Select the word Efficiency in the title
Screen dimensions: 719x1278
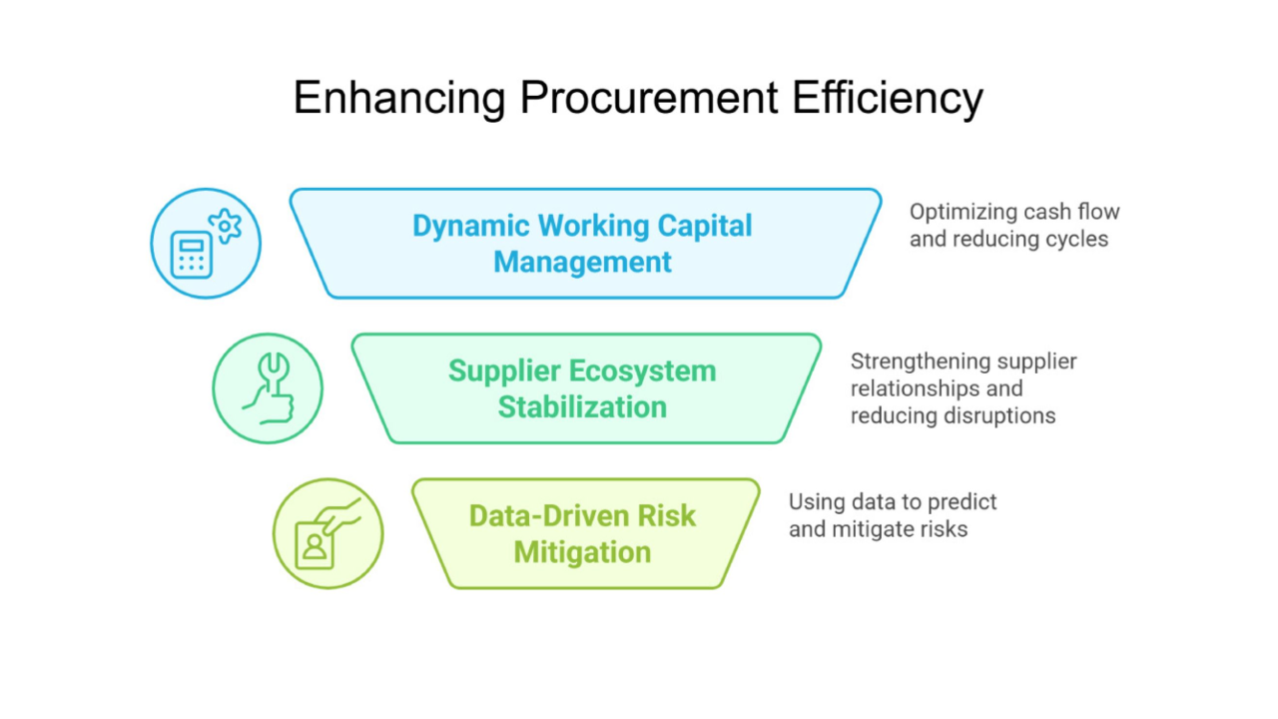point(888,99)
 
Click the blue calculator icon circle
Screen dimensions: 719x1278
point(206,244)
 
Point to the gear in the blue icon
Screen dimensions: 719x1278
point(226,226)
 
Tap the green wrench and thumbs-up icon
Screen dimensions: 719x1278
point(268,388)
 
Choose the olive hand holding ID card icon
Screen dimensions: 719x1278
point(328,534)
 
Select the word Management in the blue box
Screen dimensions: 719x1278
point(583,263)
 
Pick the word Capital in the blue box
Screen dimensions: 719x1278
point(704,226)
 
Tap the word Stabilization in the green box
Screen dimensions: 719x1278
point(583,407)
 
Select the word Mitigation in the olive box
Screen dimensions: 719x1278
point(583,552)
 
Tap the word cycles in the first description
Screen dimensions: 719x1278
point(1075,240)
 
